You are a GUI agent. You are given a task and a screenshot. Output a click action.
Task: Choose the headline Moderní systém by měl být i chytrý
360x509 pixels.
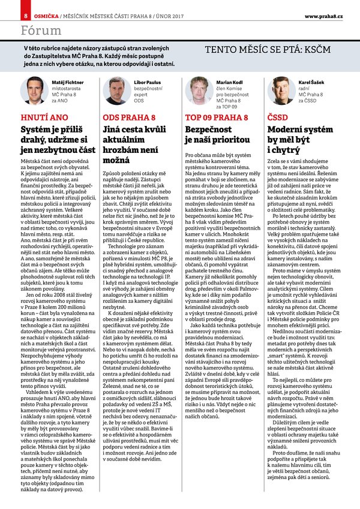294,140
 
